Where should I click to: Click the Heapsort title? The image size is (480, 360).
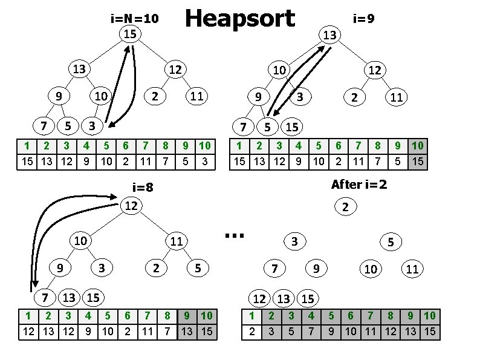click(x=239, y=19)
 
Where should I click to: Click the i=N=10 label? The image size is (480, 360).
click(x=134, y=18)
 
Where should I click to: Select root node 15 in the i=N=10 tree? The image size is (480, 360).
click(x=129, y=34)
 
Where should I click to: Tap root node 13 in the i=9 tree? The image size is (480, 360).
click(x=329, y=36)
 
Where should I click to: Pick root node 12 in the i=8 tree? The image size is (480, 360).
click(x=131, y=206)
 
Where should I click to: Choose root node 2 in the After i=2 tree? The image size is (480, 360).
click(x=345, y=208)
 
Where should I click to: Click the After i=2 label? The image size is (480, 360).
click(x=359, y=185)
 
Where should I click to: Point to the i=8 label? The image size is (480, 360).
click(x=143, y=187)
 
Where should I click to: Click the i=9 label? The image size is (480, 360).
click(x=364, y=18)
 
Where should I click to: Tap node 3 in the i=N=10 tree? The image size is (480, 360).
click(x=91, y=126)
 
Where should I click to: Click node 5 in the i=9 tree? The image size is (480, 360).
click(x=267, y=127)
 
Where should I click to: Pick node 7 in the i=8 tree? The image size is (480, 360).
click(x=44, y=297)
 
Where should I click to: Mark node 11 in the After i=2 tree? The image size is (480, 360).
click(x=412, y=269)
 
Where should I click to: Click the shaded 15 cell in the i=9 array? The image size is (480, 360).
click(x=417, y=162)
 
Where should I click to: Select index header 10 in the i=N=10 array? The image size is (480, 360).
click(x=204, y=145)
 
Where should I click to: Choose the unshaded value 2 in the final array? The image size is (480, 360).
click(x=251, y=332)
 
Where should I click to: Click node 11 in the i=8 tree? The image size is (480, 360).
click(x=176, y=241)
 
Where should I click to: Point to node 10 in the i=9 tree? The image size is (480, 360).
click(x=279, y=70)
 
